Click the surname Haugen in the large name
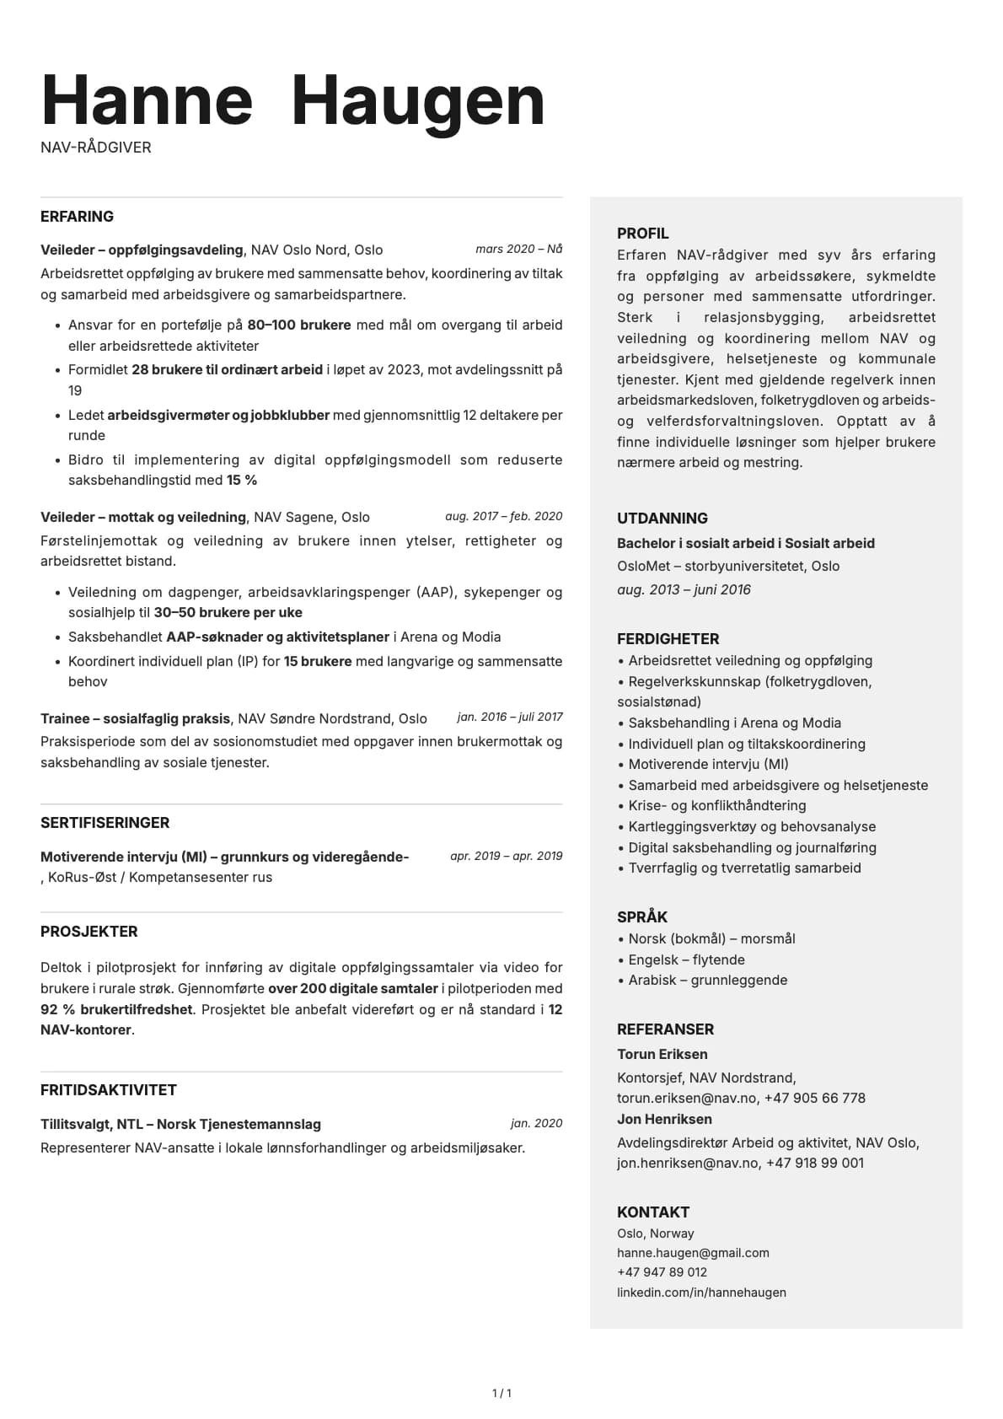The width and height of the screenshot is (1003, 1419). coord(418,101)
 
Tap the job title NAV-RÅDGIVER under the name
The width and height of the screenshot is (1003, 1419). coord(96,148)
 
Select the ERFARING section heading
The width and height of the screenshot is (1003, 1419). coord(77,217)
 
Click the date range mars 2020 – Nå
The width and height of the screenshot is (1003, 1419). coord(518,249)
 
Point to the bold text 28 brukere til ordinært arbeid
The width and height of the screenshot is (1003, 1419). coord(227,369)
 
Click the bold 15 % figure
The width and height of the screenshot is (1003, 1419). coord(242,480)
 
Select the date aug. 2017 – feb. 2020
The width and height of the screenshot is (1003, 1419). coord(503,516)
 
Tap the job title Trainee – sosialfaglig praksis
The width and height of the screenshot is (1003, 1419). coord(135,718)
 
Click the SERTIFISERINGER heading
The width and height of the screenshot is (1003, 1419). coord(105,823)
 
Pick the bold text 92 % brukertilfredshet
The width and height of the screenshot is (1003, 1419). coord(116,1009)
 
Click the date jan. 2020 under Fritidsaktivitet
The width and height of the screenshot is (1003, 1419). coord(536,1123)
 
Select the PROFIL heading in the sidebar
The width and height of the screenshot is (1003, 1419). coord(642,234)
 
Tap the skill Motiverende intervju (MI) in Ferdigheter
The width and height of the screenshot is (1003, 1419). coord(708,764)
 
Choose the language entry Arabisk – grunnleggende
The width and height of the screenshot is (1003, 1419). coord(707,980)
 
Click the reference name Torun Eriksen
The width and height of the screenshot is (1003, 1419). coord(662,1054)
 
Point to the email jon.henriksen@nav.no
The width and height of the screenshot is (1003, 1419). coord(687,1163)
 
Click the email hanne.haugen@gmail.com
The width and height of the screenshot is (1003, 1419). coord(693,1253)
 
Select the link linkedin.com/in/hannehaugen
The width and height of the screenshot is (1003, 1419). coord(701,1293)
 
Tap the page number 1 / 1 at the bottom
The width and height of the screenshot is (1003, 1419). coord(501,1394)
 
